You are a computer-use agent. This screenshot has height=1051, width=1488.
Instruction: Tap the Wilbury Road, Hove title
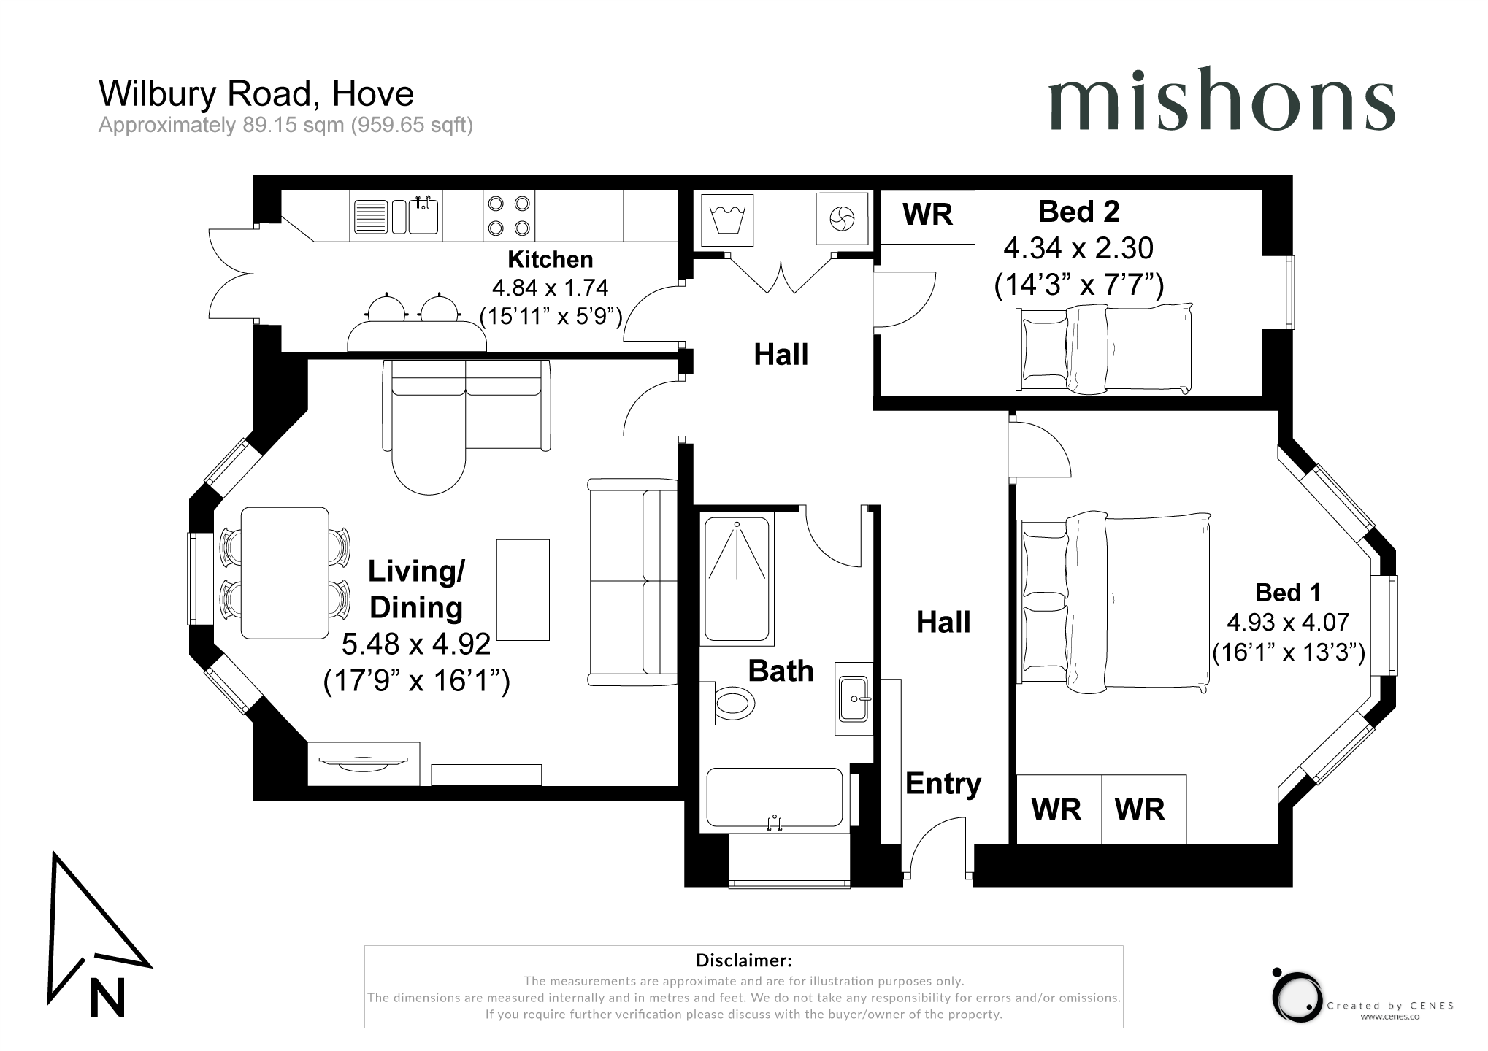click(256, 93)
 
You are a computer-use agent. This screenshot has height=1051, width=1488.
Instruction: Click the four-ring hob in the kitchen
click(509, 216)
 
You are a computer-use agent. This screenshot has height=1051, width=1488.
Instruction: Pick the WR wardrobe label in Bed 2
click(927, 215)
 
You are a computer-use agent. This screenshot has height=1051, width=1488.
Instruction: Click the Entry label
click(943, 784)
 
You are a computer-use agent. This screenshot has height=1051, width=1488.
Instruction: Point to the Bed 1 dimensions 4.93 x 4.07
click(1288, 623)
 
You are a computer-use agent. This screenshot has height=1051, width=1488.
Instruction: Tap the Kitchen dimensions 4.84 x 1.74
click(550, 288)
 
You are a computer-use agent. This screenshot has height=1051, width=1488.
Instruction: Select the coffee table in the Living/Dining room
click(523, 590)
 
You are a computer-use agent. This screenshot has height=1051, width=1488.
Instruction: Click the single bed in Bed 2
click(1104, 348)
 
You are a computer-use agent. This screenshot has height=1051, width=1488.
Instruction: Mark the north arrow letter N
click(107, 996)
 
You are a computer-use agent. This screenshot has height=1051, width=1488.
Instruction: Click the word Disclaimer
click(743, 960)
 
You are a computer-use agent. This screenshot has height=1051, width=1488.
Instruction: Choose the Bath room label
click(781, 671)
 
